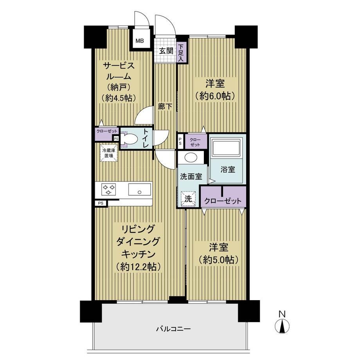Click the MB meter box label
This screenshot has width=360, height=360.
pyautogui.click(x=140, y=41)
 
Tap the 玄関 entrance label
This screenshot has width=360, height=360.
pyautogui.click(x=166, y=51)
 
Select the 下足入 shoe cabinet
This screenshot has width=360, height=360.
pyautogui.click(x=182, y=52)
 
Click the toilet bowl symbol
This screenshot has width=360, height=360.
pyautogui.click(x=130, y=139)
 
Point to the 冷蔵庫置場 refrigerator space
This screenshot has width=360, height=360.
pyautogui.click(x=109, y=153)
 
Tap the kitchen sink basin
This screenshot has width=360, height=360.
pyautogui.click(x=139, y=189)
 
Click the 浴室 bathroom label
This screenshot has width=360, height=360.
pyautogui.click(x=228, y=169)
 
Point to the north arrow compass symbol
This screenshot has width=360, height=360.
pyautogui.click(x=282, y=323)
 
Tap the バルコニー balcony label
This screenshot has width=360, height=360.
pyautogui.click(x=174, y=329)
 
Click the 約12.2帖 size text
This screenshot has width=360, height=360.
pyautogui.click(x=138, y=266)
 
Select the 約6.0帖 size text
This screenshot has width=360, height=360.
pyautogui.click(x=215, y=96)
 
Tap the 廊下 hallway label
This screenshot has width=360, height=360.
pyautogui.click(x=165, y=106)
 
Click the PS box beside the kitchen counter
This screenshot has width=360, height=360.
pyautogui.click(x=101, y=203)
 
